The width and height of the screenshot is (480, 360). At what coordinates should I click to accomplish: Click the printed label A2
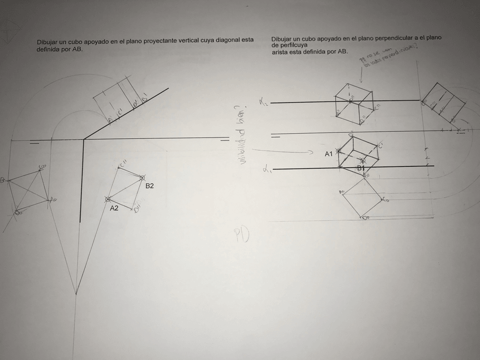pos(114,208)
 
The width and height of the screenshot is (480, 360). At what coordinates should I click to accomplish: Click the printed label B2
pos(149,186)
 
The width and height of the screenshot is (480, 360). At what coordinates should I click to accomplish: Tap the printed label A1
pos(329,154)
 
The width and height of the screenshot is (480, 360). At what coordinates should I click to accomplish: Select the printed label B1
pos(361,168)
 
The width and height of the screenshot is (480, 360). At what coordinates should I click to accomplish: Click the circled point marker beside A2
pos(108,199)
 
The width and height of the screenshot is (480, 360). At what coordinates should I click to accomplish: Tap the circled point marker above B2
pos(142,177)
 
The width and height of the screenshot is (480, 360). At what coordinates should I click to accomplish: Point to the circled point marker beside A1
pos(338,152)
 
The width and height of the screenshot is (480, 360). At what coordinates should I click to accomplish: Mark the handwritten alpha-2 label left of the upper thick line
pos(263,102)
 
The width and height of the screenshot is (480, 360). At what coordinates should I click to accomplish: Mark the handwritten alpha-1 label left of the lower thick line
pos(265,169)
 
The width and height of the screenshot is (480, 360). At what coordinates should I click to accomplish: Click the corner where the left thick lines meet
pos(84,139)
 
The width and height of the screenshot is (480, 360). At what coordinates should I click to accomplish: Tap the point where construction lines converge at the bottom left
pos(76,293)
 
